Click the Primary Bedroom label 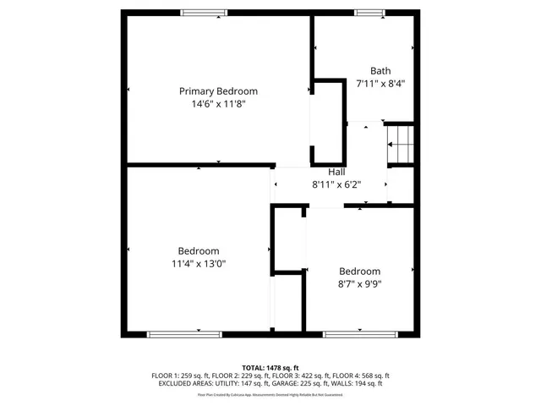(218, 91)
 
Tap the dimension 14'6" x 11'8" (218, 104)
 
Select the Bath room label (380, 71)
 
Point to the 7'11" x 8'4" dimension (380, 84)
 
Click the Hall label (336, 172)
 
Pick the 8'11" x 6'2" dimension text (336, 184)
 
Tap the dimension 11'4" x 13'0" (199, 264)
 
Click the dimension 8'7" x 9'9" (359, 284)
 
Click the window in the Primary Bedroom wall (204, 12)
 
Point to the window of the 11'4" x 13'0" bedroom (185, 334)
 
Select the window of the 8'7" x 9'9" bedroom (361, 334)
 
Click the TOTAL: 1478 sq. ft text (270, 367)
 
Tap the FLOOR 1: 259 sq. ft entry (181, 376)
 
